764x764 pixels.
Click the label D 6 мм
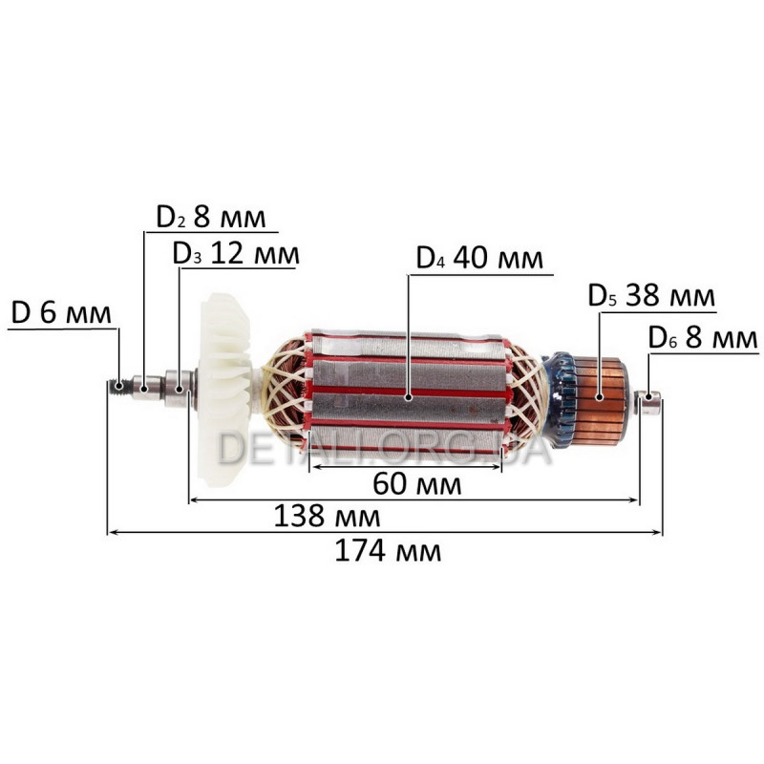(x=61, y=313)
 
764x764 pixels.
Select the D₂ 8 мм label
(x=211, y=218)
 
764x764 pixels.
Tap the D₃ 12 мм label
(x=236, y=254)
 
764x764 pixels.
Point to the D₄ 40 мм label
(x=479, y=258)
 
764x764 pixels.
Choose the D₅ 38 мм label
(x=651, y=295)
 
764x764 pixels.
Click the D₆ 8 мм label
(x=703, y=338)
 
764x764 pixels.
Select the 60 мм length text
(x=416, y=484)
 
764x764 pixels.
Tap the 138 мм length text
(x=327, y=517)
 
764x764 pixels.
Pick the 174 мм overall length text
(x=388, y=552)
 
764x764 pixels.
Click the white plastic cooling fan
(x=226, y=390)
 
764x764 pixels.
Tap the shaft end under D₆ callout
(x=649, y=402)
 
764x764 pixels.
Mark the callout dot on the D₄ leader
(x=409, y=397)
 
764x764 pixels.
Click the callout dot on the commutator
(x=600, y=397)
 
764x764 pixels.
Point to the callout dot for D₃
(x=180, y=390)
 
